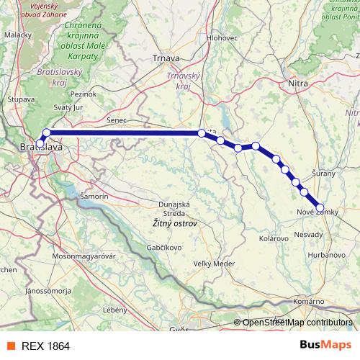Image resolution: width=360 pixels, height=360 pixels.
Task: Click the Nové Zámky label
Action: pos(316,212)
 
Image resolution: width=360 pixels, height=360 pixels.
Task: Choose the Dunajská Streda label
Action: pos(174,209)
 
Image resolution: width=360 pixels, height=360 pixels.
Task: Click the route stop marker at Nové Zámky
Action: pos(320,208)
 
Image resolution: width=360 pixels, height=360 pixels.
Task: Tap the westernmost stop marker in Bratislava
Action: pos(38,141)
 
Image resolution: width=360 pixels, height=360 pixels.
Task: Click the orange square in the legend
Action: pos(11,346)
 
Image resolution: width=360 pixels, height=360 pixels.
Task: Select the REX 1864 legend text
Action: pos(45,346)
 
